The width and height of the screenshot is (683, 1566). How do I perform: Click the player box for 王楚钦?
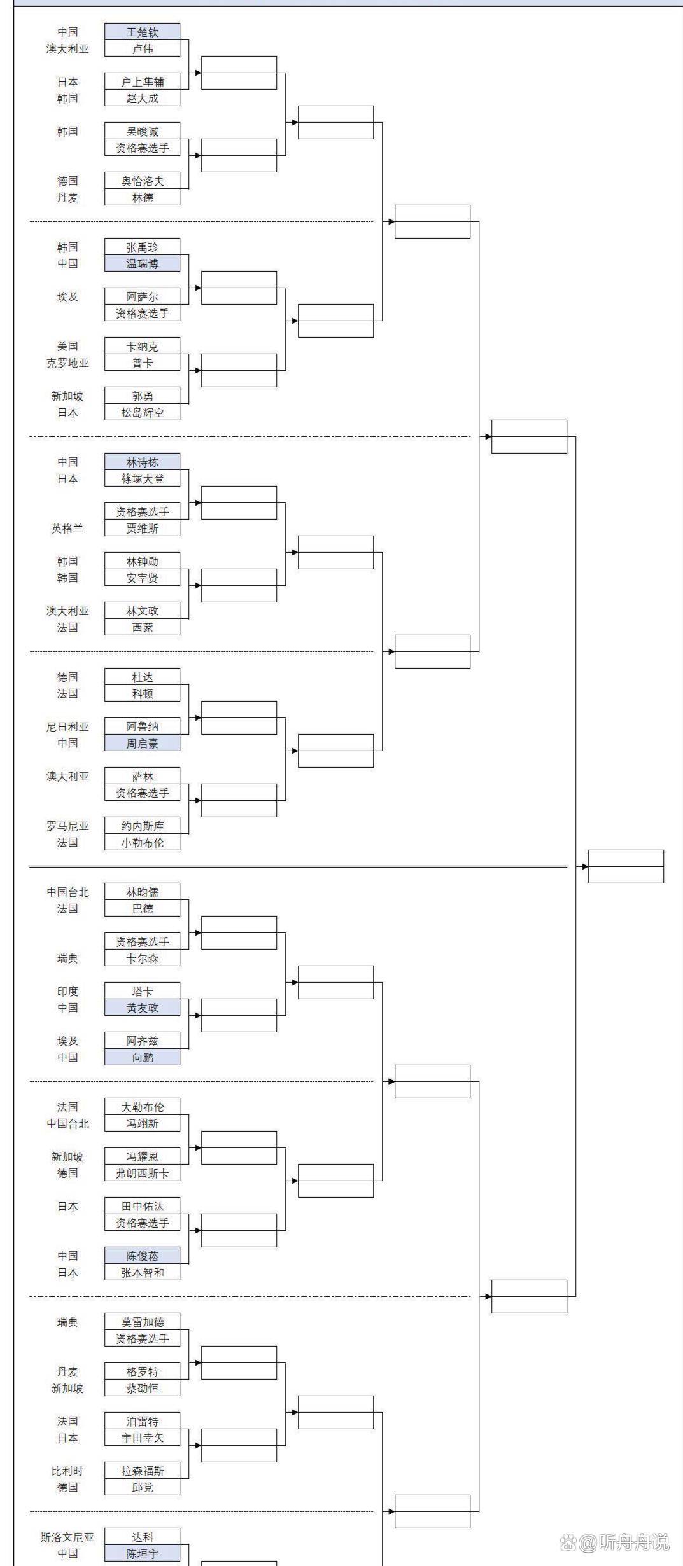pyautogui.click(x=142, y=32)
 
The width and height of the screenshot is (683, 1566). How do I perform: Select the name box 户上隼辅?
pyautogui.click(x=142, y=81)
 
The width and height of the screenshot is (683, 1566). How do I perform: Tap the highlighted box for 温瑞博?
pyautogui.click(x=142, y=263)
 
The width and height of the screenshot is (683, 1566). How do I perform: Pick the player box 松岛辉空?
pyautogui.click(x=142, y=412)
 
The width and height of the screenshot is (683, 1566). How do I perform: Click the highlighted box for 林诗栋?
pyautogui.click(x=142, y=462)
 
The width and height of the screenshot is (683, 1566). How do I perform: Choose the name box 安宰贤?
pyautogui.click(x=142, y=578)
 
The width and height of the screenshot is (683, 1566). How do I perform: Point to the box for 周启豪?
pyautogui.click(x=142, y=743)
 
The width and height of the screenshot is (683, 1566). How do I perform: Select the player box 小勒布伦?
pyautogui.click(x=142, y=842)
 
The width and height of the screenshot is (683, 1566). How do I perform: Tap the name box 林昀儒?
pyautogui.click(x=142, y=892)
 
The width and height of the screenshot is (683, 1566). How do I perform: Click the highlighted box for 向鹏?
pyautogui.click(x=142, y=1057)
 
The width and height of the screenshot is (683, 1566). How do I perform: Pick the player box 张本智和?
pyautogui.click(x=142, y=1272)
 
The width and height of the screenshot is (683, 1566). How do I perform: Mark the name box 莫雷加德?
pyautogui.click(x=142, y=1322)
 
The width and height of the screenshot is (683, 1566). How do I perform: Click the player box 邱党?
pyautogui.click(x=142, y=1487)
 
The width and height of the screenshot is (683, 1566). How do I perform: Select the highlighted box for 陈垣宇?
pyautogui.click(x=142, y=1553)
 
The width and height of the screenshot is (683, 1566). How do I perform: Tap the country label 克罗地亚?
pyautogui.click(x=67, y=363)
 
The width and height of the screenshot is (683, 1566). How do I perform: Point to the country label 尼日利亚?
pyautogui.click(x=67, y=726)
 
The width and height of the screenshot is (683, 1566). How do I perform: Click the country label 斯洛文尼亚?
pyautogui.click(x=67, y=1537)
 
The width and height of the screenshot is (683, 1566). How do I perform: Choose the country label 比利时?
pyautogui.click(x=67, y=1471)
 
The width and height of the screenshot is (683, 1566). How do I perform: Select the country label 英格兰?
pyautogui.click(x=67, y=528)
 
